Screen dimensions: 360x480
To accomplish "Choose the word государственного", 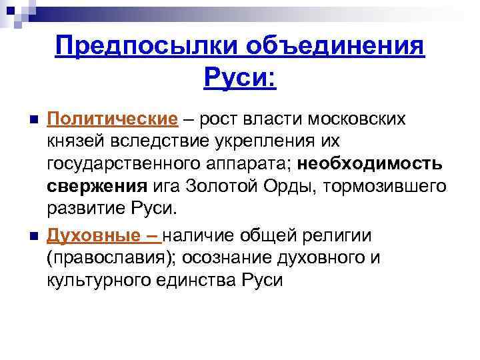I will click(x=126, y=164).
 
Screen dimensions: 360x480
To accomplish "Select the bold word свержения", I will click(x=97, y=186).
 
